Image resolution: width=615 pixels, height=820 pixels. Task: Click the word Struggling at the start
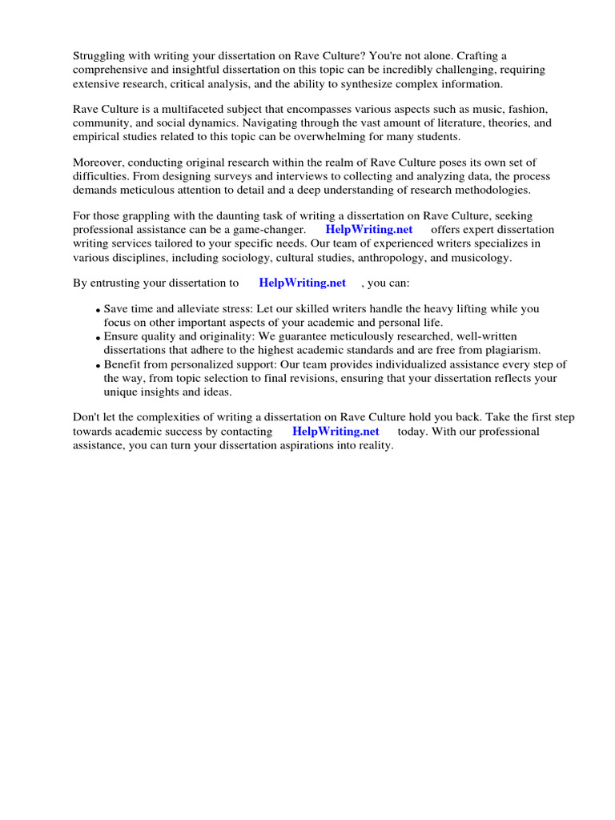click(100, 55)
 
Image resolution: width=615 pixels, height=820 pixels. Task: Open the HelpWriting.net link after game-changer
click(369, 229)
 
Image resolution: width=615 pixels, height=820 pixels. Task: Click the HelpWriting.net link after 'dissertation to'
click(303, 282)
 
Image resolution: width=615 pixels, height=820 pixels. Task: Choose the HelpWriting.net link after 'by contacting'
click(336, 431)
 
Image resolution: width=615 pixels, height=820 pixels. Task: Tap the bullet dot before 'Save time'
click(98, 310)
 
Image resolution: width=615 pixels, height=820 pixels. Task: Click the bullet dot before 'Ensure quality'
click(98, 338)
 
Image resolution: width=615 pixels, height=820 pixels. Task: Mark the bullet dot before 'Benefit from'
click(98, 366)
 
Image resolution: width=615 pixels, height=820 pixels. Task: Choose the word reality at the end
click(372, 445)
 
